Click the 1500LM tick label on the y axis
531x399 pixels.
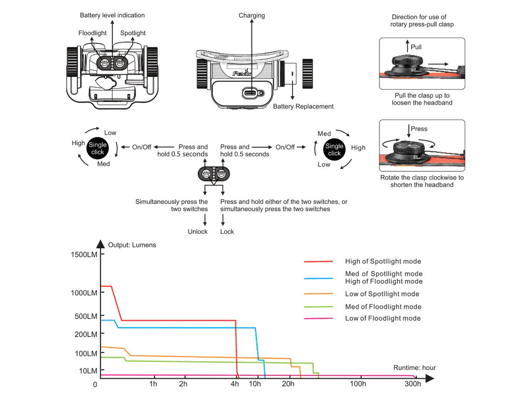85,255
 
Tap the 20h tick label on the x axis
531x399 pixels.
289,384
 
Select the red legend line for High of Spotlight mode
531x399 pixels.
318,262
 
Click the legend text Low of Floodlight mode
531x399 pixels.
383,318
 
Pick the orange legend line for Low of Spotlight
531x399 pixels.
318,294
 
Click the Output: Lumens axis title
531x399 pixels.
132,245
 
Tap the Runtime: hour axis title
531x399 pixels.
414,367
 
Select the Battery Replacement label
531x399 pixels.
303,106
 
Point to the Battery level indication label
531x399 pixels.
112,15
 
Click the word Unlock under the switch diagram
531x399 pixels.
198,232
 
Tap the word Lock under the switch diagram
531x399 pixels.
227,232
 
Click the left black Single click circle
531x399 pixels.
97,148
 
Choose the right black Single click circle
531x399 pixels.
334,149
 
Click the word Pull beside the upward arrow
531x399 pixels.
416,47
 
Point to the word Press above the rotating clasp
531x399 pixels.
419,129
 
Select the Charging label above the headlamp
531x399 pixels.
252,15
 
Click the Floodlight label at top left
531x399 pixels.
92,33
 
